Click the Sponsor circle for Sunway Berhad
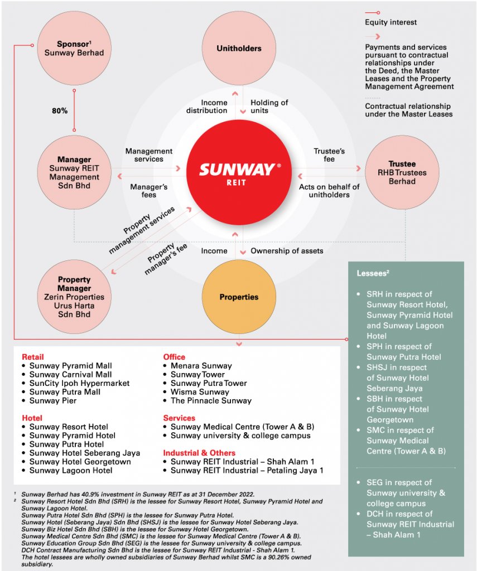coord(74,48)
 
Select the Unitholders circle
coord(239,49)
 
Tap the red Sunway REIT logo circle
coord(239,170)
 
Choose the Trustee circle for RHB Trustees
coord(402,172)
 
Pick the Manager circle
coord(74,172)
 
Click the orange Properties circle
coord(239,297)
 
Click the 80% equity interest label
coord(60,111)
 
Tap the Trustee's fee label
coord(329,155)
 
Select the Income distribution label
coord(214,107)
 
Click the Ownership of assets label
coord(286,251)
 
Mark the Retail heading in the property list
coord(32,357)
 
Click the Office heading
coord(174,357)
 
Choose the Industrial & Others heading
coord(199,453)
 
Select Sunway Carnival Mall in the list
coord(70,375)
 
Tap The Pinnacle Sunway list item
coord(211,400)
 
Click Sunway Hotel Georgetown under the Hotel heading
coord(80,462)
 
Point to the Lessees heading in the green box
coord(373,273)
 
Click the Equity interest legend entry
coord(391,22)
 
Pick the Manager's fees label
coord(149,191)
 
